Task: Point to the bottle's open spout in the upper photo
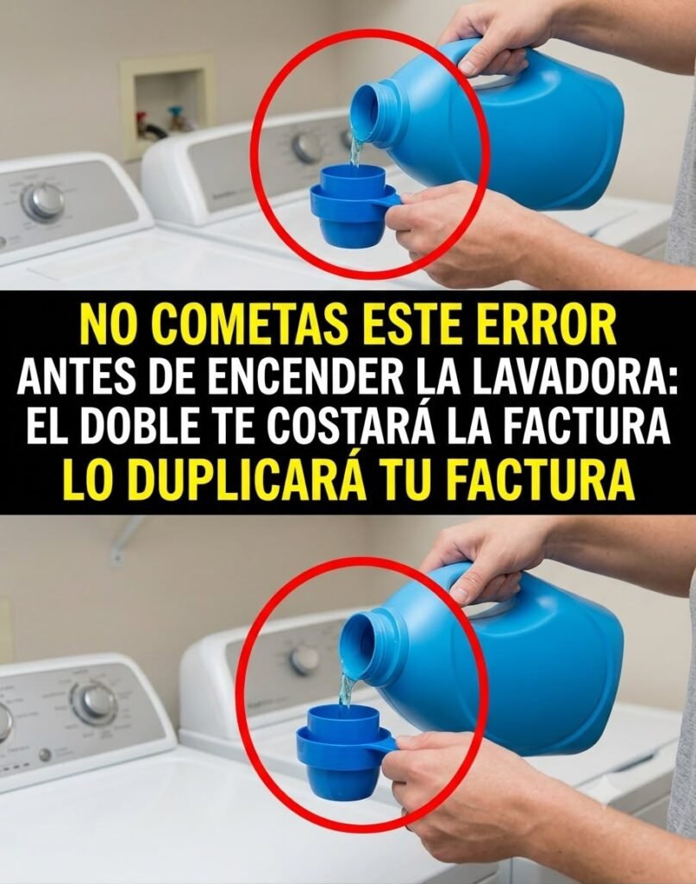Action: tap(366, 110)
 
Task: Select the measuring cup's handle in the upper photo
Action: tap(394, 199)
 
